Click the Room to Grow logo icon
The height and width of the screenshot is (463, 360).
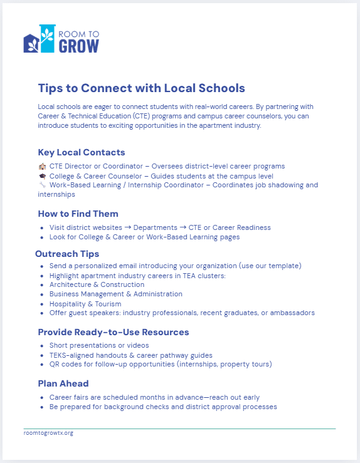pyautogui.click(x=39, y=39)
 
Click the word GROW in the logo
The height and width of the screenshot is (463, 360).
pyautogui.click(x=78, y=46)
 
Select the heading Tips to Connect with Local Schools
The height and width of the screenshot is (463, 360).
pyautogui.click(x=141, y=88)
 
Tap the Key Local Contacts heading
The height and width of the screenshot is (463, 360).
pyautogui.click(x=82, y=152)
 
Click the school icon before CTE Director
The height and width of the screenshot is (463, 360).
pyautogui.click(x=42, y=167)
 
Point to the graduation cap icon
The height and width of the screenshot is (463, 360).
pyautogui.click(x=42, y=176)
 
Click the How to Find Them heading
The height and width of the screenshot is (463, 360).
pyautogui.click(x=78, y=214)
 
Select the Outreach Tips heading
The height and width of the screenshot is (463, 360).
pyautogui.click(x=67, y=254)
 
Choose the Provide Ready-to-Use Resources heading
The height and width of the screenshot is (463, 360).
pyautogui.click(x=113, y=332)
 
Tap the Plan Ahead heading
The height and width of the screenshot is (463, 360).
pyautogui.click(x=63, y=383)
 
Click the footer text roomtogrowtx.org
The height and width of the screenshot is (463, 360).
pyautogui.click(x=48, y=433)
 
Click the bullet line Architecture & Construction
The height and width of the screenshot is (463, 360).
pyautogui.click(x=97, y=284)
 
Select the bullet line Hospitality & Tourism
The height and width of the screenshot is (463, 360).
pyautogui.click(x=85, y=304)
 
